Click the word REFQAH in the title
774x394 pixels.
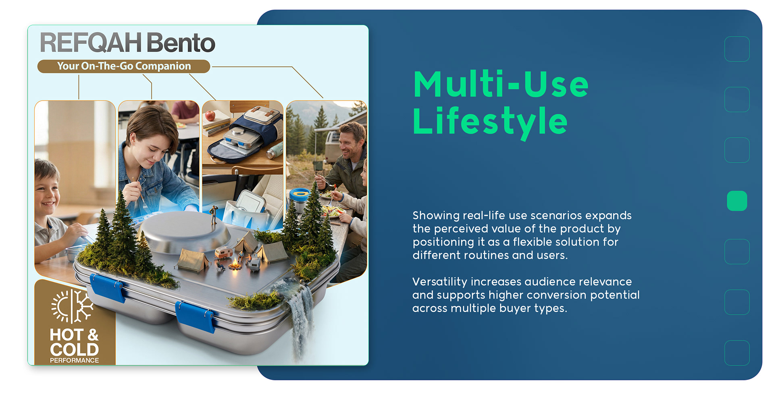pos(91,43)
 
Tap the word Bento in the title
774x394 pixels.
pos(181,43)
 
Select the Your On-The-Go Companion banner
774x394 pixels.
pos(124,66)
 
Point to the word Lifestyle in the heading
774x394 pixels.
pos(490,121)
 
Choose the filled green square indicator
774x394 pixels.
pos(737,201)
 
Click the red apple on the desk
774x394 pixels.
pos(210,116)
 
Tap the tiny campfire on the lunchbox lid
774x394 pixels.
pos(235,264)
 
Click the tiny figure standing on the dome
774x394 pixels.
pos(214,214)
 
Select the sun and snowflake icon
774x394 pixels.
pos(73,306)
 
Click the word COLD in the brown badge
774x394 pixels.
pos(74,349)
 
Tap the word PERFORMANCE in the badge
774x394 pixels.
pos(74,360)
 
